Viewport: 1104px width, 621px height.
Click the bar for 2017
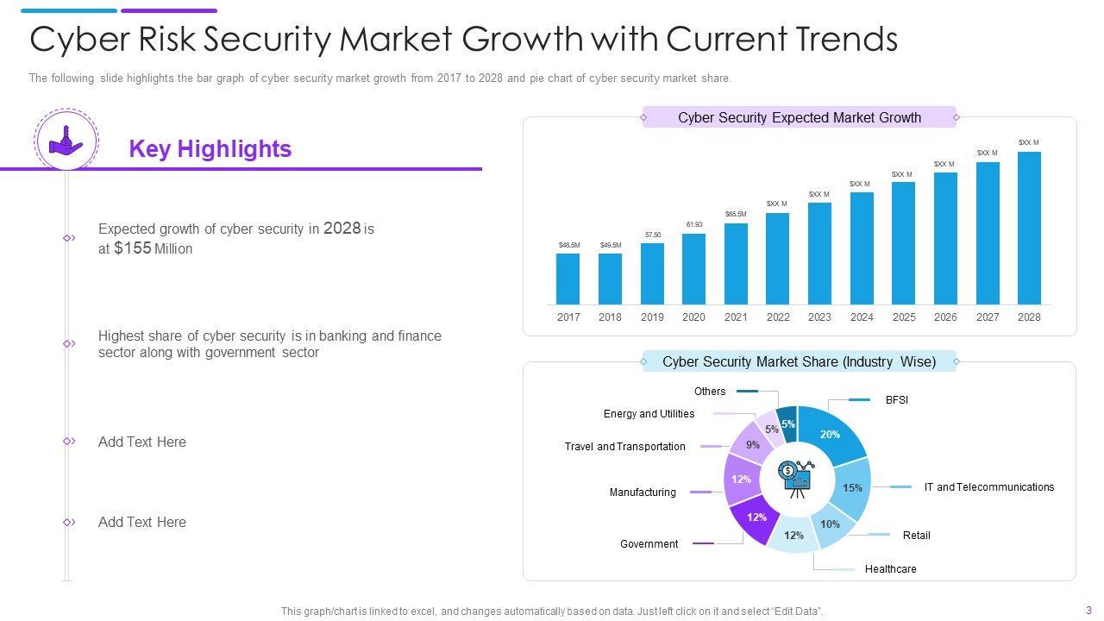click(568, 279)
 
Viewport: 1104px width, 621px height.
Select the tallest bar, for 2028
click(1029, 228)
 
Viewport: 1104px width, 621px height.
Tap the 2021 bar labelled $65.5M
click(736, 263)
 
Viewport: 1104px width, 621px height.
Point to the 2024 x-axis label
click(862, 317)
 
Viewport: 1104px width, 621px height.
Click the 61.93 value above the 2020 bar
click(694, 225)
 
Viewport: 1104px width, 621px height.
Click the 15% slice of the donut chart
click(853, 488)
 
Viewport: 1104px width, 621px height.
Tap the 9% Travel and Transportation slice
click(751, 445)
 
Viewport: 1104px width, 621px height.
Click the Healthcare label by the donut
click(890, 569)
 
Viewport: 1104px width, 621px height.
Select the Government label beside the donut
click(649, 544)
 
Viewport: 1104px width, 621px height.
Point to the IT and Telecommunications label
click(988, 487)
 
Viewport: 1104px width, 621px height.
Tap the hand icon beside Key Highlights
click(66, 140)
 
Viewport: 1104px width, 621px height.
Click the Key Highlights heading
click(210, 149)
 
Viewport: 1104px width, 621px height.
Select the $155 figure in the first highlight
click(132, 248)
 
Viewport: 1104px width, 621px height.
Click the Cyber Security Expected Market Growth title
click(800, 117)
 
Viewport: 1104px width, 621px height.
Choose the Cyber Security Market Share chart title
click(799, 362)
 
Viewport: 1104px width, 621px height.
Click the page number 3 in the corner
click(1088, 611)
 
